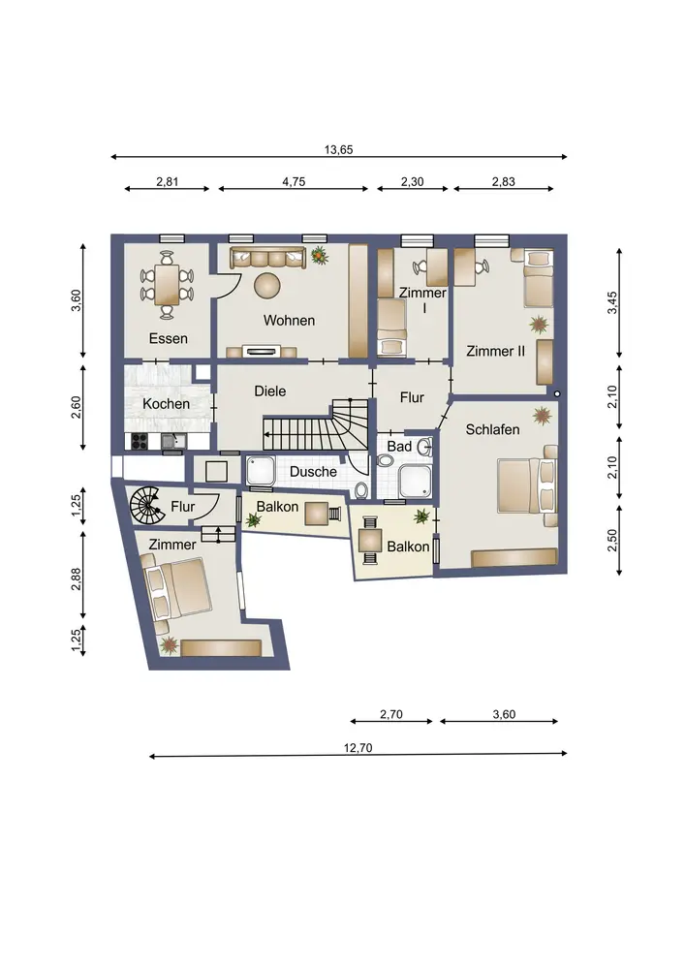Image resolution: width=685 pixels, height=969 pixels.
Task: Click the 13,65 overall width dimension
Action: click(338, 149)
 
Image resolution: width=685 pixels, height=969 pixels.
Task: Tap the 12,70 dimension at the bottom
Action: click(358, 748)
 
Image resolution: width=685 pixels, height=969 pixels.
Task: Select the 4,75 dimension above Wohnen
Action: click(294, 182)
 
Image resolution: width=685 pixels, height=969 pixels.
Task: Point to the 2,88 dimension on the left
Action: click(76, 579)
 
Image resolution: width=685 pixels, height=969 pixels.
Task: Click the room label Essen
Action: click(168, 338)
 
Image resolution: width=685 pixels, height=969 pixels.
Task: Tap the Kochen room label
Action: click(166, 403)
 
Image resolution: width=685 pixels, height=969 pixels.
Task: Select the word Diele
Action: click(270, 391)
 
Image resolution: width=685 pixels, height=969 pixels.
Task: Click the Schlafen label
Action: click(492, 429)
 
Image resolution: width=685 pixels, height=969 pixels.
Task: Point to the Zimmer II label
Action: click(495, 351)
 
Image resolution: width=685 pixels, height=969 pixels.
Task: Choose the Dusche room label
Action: click(313, 472)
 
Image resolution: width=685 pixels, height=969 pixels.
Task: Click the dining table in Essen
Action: click(167, 285)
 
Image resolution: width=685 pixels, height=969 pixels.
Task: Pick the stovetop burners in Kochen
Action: click(139, 441)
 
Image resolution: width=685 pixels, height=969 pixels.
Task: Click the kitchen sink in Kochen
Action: click(172, 441)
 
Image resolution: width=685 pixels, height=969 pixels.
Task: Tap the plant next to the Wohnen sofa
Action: click(319, 255)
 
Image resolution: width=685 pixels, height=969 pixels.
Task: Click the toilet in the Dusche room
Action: click(362, 490)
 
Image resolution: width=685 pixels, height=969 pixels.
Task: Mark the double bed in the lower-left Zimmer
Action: click(176, 587)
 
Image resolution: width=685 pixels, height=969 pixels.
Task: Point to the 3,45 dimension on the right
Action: click(612, 302)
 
